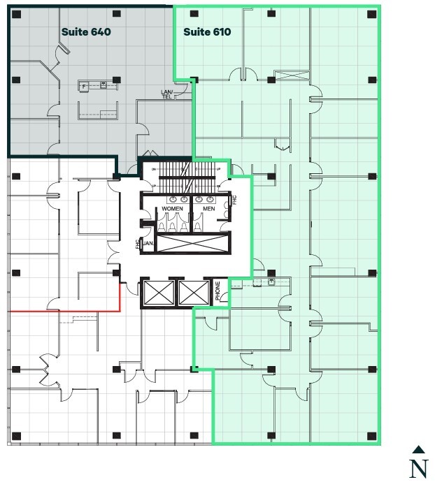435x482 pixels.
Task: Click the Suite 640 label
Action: pos(86,31)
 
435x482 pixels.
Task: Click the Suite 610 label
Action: pos(207,32)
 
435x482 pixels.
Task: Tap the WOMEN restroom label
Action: pos(172,209)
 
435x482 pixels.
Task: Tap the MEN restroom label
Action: pos(208,209)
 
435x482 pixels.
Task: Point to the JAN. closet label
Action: pos(148,243)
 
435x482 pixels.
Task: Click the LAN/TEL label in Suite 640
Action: pos(166,95)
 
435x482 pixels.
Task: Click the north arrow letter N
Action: pos(418,469)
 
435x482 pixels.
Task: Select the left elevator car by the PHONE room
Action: pos(157,292)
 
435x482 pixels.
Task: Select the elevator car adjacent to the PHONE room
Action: pos(194,292)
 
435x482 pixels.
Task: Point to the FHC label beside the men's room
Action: pos(234,200)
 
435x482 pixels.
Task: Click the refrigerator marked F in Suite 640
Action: pos(84,86)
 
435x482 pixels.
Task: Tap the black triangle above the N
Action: pos(418,450)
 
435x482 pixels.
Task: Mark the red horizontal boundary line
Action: pos(63,310)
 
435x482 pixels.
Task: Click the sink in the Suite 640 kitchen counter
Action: pos(103,85)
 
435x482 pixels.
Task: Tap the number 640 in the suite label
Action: pos(100,31)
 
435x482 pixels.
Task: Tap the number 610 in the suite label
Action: pos(221,32)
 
